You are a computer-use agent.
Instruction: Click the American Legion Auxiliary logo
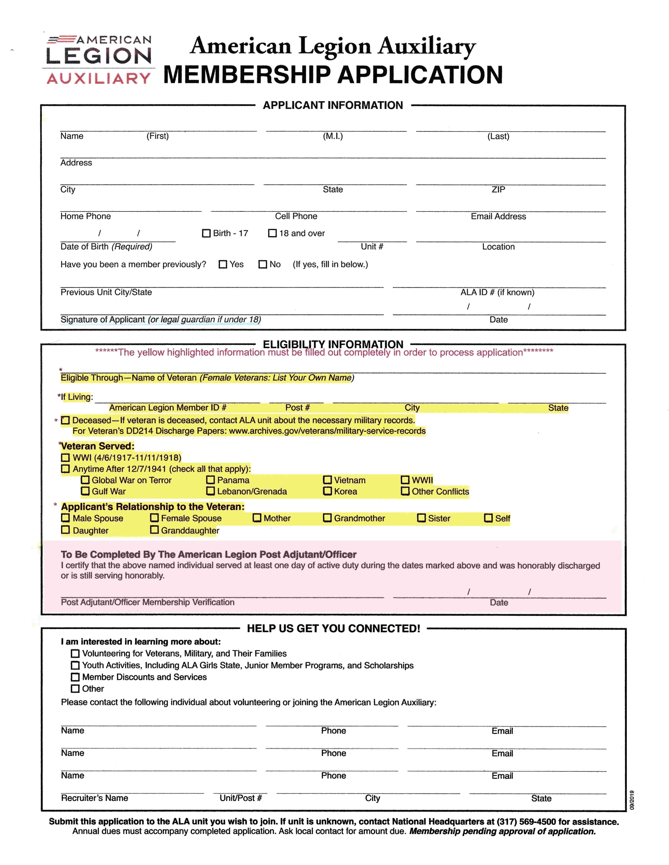99,60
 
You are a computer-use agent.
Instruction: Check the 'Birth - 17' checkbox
206,233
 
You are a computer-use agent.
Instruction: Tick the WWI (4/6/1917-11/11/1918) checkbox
65,458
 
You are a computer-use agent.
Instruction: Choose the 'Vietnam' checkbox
327,480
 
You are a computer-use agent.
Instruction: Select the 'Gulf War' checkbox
85,491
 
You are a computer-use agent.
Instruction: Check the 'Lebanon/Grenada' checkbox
210,491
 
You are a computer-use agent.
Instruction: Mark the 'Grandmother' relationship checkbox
327,518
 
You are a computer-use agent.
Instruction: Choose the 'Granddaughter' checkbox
155,530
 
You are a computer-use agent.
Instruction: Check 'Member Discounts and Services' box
75,677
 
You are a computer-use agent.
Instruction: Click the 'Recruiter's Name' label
94,798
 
